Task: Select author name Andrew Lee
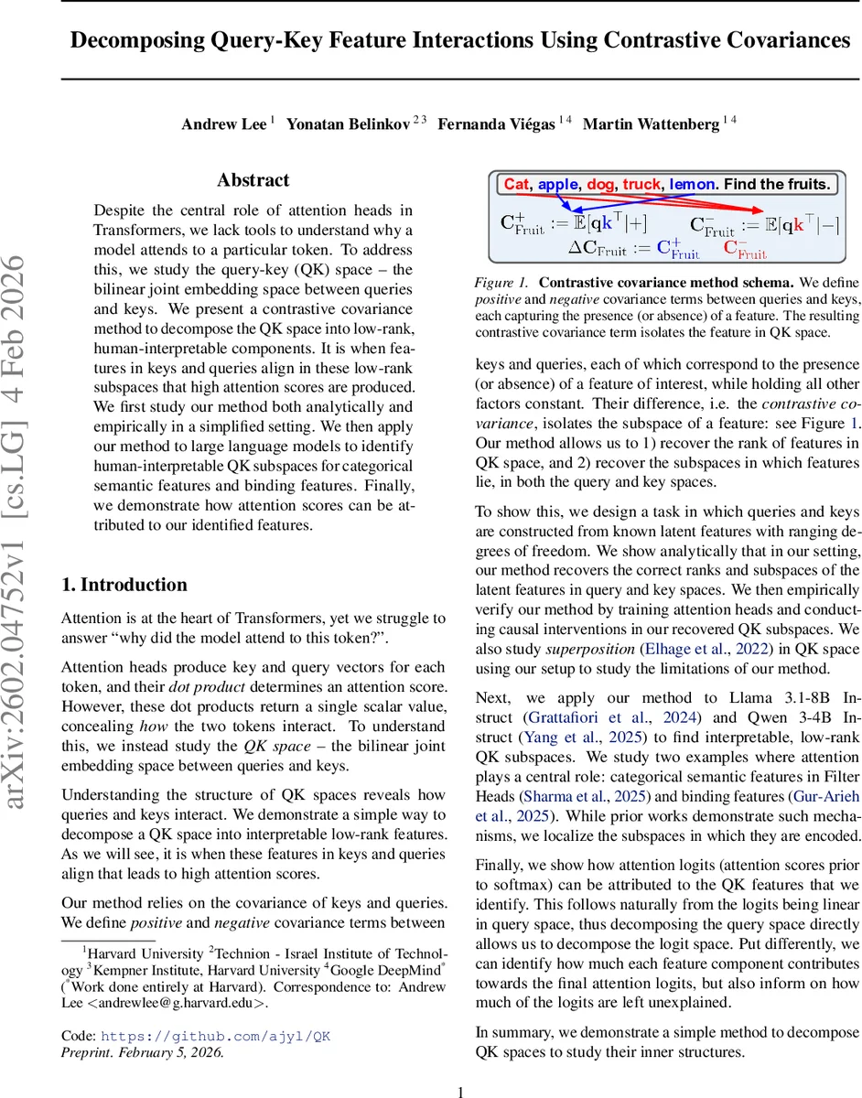coord(224,124)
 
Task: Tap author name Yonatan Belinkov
coord(349,124)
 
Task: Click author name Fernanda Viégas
coord(496,124)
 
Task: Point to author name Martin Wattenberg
coord(651,124)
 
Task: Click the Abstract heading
coord(253,180)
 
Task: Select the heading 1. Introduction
coord(124,585)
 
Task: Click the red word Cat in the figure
coord(516,184)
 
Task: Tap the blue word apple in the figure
coord(557,184)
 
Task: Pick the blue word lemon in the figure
coord(693,184)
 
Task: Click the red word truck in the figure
coord(641,184)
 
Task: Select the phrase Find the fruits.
coord(777,184)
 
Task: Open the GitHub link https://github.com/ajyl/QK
coord(215,1036)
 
